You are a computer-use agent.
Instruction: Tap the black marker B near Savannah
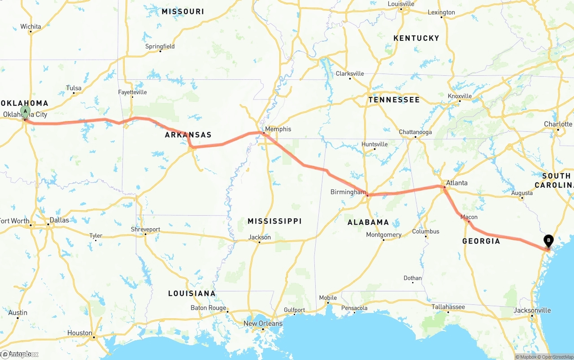click(548, 241)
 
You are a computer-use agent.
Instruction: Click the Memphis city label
click(278, 129)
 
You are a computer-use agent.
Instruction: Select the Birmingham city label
click(348, 192)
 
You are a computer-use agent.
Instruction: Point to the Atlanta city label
click(457, 182)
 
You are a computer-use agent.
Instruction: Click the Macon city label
click(469, 217)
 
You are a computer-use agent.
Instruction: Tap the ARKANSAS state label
click(188, 135)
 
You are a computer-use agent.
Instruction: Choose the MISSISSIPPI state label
click(274, 221)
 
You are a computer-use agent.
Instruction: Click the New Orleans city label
click(263, 323)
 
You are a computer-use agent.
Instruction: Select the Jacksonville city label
click(532, 310)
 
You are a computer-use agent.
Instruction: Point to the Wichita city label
click(30, 26)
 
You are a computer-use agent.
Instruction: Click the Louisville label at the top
click(401, 4)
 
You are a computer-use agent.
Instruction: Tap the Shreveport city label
click(145, 229)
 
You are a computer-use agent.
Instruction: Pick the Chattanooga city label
click(415, 132)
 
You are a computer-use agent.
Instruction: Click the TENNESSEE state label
click(394, 100)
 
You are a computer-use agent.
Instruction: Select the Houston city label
click(80, 333)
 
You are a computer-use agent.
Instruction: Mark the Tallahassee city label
click(448, 307)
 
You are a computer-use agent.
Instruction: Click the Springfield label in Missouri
click(160, 46)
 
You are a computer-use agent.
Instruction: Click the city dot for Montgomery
click(384, 240)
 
